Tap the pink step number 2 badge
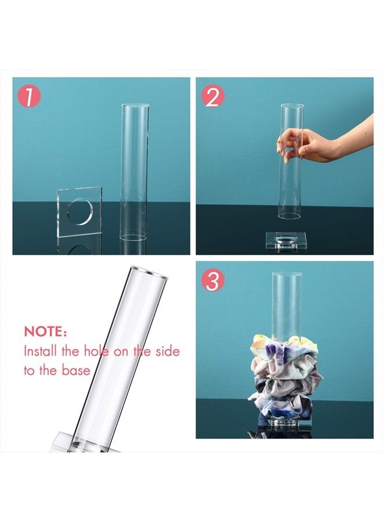click(x=213, y=96)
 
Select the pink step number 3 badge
click(x=213, y=281)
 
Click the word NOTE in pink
click(x=46, y=332)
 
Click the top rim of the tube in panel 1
click(x=135, y=106)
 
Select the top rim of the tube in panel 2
click(x=292, y=106)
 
